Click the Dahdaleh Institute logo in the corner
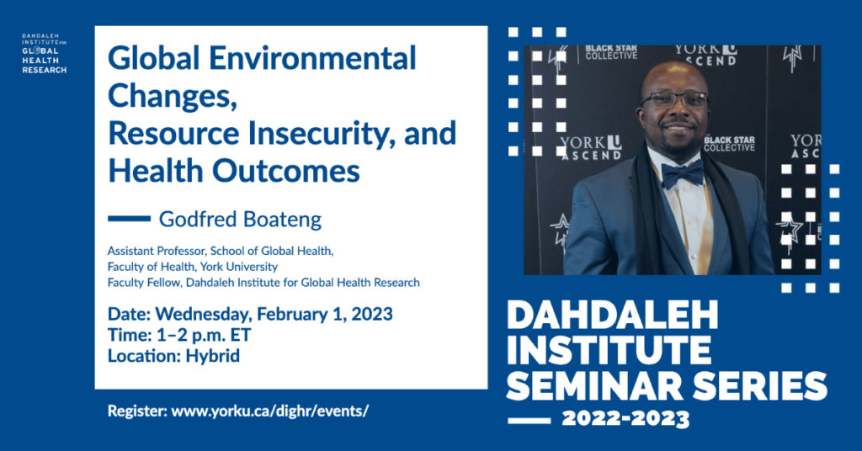click(44, 53)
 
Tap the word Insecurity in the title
click(321, 134)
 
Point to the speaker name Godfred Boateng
click(240, 219)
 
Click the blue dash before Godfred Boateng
click(129, 219)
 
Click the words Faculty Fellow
click(144, 283)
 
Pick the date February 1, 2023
click(325, 314)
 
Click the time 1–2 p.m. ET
click(204, 335)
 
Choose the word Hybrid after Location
click(213, 357)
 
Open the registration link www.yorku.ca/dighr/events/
click(270, 411)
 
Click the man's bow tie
click(682, 173)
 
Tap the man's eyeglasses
click(674, 99)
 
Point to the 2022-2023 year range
click(625, 420)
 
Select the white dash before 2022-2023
click(529, 421)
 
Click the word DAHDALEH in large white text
click(613, 315)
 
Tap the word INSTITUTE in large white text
click(609, 350)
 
